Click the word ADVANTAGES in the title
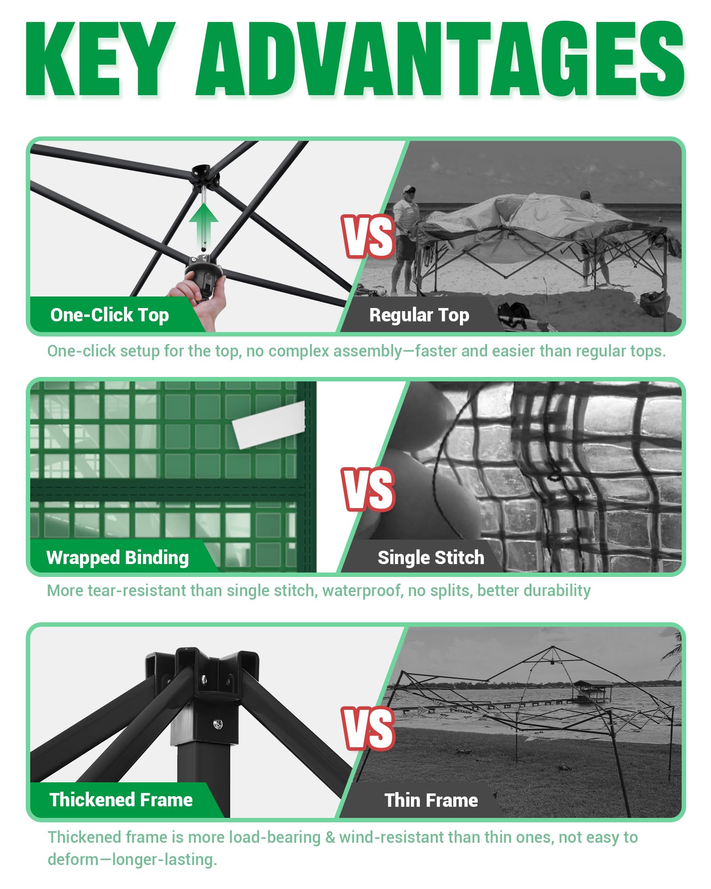pos(440,59)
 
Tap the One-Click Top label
pos(110,315)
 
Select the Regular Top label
pos(419,315)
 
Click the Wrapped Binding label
pos(118,558)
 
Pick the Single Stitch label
pos(431,557)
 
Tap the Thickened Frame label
pos(121,800)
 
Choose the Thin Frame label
pos(431,800)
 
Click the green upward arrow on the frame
pos(204,225)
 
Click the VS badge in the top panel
pos(368,236)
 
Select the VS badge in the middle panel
pos(368,489)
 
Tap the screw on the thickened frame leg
pos(218,725)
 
